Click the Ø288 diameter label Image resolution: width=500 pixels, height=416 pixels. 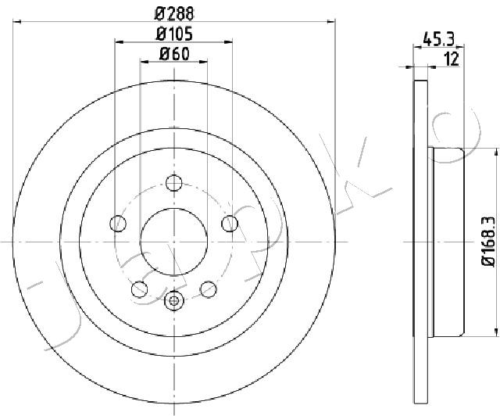click(174, 14)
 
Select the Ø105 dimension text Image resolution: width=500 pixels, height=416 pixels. click(174, 34)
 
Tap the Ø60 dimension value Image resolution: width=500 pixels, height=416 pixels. click(174, 54)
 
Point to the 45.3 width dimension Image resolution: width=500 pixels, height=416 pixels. click(438, 39)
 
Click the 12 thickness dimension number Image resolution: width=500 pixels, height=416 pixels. click(452, 59)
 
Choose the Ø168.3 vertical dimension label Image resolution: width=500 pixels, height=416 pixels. click(488, 241)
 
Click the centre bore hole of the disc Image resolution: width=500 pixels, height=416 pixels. click(174, 242)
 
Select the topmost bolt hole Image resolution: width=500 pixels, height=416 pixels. click(173, 183)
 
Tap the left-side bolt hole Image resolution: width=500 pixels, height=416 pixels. click(118, 224)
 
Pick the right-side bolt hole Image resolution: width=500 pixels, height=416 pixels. click(230, 224)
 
